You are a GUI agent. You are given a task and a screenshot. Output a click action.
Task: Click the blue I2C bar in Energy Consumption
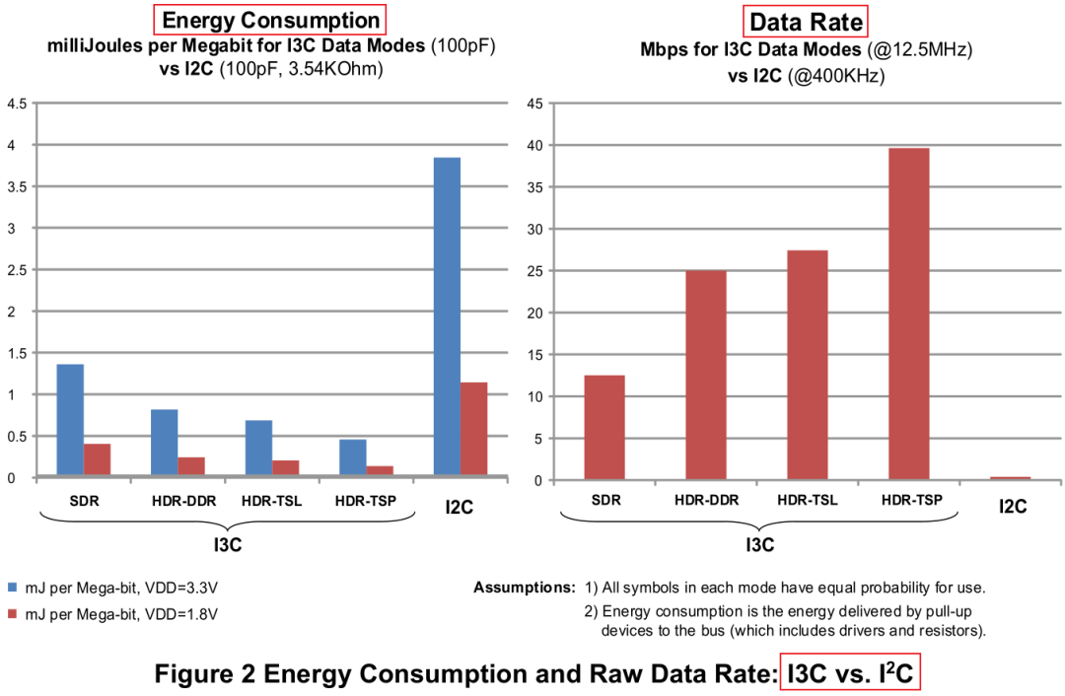[447, 317]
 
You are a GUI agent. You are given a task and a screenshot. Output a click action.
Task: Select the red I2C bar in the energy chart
[474, 430]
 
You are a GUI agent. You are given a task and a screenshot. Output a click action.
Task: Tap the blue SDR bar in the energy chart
[70, 421]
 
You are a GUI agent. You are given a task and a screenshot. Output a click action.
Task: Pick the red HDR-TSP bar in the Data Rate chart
[909, 313]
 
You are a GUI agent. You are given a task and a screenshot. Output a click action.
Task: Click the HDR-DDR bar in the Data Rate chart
[706, 375]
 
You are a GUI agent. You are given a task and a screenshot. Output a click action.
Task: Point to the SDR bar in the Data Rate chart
[604, 427]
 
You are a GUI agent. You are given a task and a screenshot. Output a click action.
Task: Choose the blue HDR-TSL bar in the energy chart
[258, 449]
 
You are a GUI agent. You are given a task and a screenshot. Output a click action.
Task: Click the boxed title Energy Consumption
[270, 20]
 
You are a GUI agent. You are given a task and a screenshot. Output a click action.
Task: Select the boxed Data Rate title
[806, 22]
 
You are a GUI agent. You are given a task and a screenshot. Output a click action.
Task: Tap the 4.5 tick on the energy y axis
[17, 104]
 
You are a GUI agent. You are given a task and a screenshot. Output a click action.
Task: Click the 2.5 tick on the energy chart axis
[17, 270]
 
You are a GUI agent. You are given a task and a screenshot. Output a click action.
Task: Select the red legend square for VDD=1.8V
[13, 613]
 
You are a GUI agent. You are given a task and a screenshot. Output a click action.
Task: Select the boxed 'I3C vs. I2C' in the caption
[850, 674]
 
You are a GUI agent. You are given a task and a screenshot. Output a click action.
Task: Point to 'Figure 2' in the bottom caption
[203, 675]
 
